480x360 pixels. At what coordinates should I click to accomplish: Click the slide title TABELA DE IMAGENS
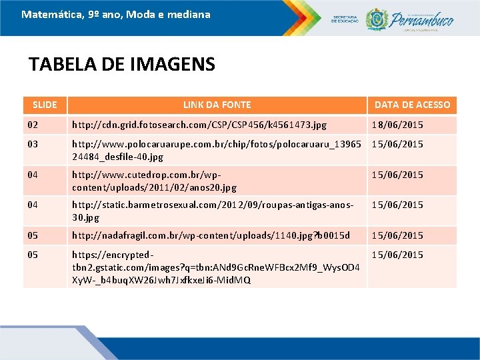point(122,64)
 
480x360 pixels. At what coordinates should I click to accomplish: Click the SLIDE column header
point(45,105)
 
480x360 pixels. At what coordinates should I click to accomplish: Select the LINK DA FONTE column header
point(217,105)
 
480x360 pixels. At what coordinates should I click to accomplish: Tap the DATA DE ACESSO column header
point(412,105)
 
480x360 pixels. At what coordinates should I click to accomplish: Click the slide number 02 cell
point(33,125)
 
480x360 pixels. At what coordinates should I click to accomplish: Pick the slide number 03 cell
point(33,144)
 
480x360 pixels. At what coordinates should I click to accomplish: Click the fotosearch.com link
point(199,125)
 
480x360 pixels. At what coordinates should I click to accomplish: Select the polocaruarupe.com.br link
point(216,151)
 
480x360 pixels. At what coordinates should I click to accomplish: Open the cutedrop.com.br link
point(154,181)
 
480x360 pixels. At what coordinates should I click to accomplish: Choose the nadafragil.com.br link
point(211,235)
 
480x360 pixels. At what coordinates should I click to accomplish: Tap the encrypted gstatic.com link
point(216,267)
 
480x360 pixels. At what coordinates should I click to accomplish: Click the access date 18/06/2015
point(397,125)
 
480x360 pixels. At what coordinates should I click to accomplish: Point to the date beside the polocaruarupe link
point(397,144)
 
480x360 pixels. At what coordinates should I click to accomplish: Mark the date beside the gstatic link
point(397,255)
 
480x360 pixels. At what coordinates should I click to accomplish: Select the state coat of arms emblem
point(377,18)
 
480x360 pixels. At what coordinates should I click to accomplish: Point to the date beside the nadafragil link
point(397,235)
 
